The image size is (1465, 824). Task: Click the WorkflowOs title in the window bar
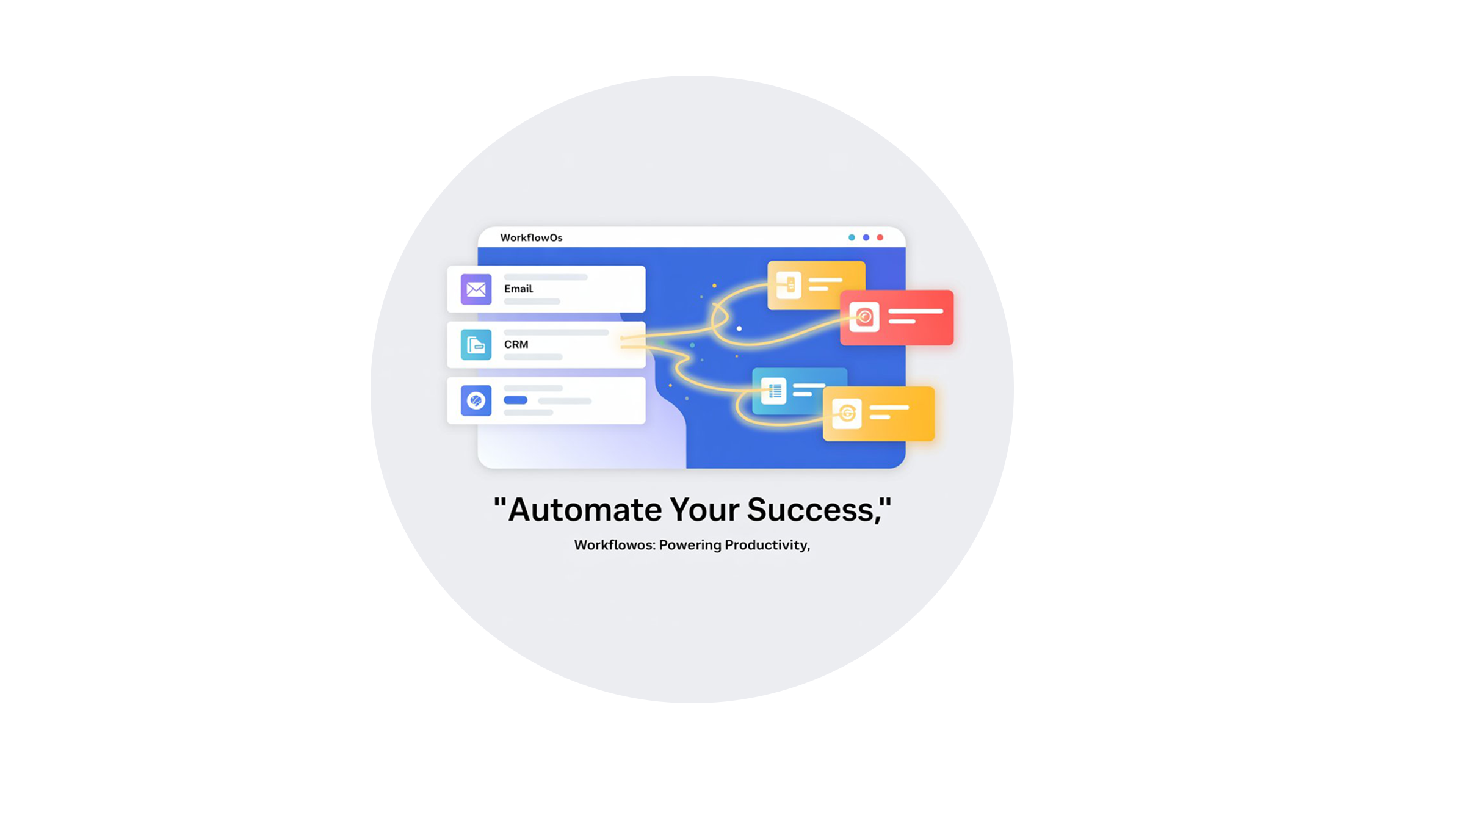[531, 237]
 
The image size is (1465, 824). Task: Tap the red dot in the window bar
[880, 237]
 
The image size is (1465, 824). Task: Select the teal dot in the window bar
[852, 237]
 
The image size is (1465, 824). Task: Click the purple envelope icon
[476, 289]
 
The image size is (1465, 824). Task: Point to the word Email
[518, 289]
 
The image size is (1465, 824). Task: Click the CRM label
[516, 344]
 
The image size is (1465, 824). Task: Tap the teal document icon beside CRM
[476, 345]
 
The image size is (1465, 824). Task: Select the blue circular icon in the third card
[476, 400]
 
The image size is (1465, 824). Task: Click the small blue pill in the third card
[515, 400]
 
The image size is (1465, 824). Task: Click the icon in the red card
[864, 317]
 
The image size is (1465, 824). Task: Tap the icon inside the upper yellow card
[789, 284]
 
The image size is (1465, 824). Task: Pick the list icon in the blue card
[773, 391]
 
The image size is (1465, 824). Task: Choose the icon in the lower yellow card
[847, 413]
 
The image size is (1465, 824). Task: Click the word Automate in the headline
[584, 510]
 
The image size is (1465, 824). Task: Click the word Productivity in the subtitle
[765, 545]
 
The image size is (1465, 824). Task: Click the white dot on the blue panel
[739, 329]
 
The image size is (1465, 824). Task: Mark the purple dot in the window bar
[866, 237]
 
